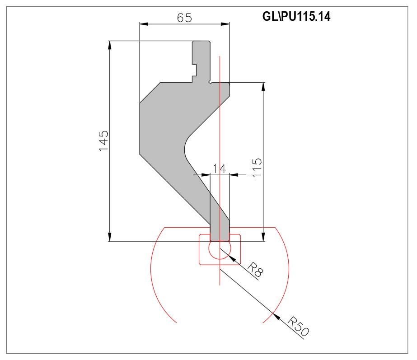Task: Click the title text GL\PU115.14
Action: coord(296,16)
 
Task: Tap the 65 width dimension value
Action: coord(184,18)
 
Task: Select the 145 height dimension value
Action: coord(103,141)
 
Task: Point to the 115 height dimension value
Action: coord(257,168)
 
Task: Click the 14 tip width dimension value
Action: coord(220,168)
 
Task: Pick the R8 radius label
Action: coord(255,270)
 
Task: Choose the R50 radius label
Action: coord(298,326)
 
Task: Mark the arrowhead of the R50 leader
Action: coord(276,316)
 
